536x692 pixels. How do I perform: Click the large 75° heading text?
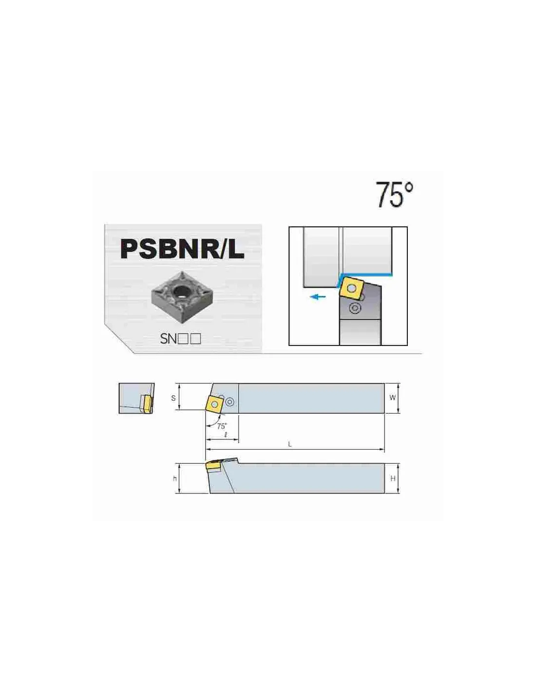coord(394,194)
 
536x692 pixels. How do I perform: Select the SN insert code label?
coord(180,339)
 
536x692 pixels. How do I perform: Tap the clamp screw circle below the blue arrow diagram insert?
coord(354,308)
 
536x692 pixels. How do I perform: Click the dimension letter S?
coord(173,398)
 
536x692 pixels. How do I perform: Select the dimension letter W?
coord(393,398)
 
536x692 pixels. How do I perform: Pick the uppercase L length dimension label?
coord(290,444)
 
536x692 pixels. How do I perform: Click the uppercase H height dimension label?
coord(393,478)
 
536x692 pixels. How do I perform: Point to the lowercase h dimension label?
coord(175,479)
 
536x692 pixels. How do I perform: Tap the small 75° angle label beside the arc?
coord(222,426)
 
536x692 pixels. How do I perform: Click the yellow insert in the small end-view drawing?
coord(146,402)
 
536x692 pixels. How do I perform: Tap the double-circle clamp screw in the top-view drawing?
coord(230,402)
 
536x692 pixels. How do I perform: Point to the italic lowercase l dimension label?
coord(226,435)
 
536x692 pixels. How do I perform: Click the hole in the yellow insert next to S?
coord(215,404)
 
